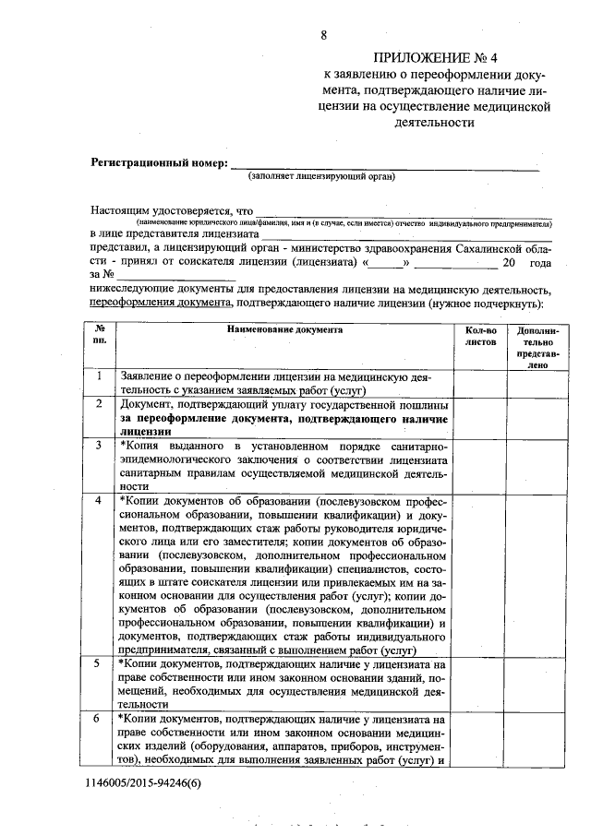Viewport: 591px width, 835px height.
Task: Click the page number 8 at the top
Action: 323,36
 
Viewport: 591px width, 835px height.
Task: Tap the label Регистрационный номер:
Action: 158,163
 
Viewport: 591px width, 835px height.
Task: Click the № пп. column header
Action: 100,335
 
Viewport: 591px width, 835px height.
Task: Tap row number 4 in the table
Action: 100,499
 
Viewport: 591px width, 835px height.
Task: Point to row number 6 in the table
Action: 100,718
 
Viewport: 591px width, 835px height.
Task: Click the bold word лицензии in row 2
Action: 145,431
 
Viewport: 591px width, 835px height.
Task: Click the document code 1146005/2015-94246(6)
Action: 145,782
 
